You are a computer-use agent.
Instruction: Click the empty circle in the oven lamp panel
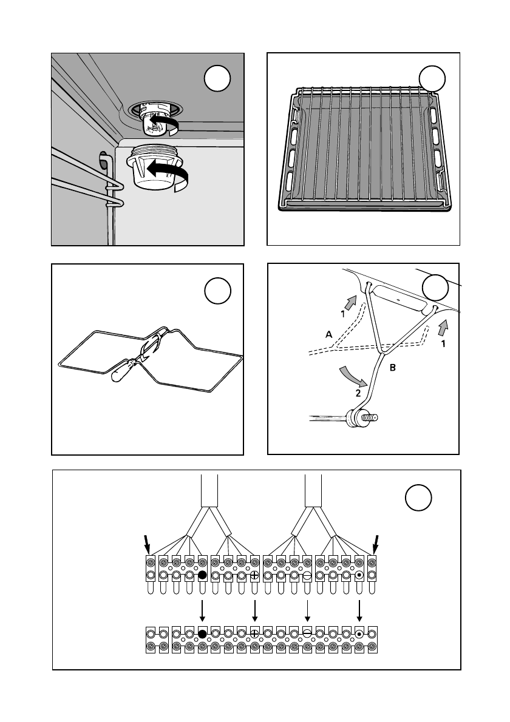217,80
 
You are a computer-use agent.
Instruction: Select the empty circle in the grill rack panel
433,79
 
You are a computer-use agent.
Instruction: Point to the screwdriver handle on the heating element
124,370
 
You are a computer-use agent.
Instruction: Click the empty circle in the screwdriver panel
218,291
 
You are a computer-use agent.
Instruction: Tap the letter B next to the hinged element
392,368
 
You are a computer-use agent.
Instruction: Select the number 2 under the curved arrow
358,393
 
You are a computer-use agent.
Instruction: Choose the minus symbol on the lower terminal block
307,633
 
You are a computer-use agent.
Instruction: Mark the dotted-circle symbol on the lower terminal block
359,633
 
